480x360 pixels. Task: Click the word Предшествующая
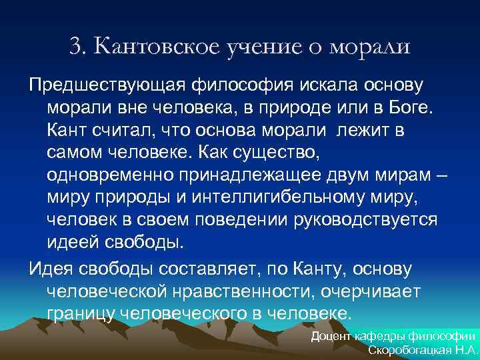pyautogui.click(x=107, y=86)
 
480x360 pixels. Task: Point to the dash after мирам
pyautogui.click(x=441, y=175)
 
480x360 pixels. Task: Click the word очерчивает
pyautogui.click(x=379, y=291)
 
